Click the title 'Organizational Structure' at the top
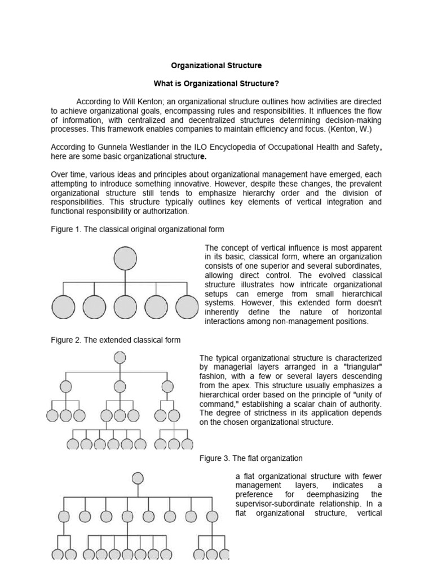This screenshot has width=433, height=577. tap(216, 66)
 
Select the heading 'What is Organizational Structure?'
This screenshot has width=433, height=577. tap(216, 83)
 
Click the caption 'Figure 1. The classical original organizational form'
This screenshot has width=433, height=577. tap(138, 229)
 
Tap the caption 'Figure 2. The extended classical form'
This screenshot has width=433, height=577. tap(116, 340)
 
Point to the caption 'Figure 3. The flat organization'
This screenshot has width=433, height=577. tap(251, 458)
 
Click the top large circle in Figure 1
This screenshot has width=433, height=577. tap(125, 259)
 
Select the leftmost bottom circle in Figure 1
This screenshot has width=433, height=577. tap(63, 308)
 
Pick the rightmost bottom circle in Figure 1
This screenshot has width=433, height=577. tap(187, 308)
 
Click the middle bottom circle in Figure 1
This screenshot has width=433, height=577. tap(125, 308)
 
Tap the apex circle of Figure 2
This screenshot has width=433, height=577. tap(120, 357)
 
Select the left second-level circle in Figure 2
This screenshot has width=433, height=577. tap(66, 387)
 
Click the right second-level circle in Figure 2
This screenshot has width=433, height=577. tap(167, 387)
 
